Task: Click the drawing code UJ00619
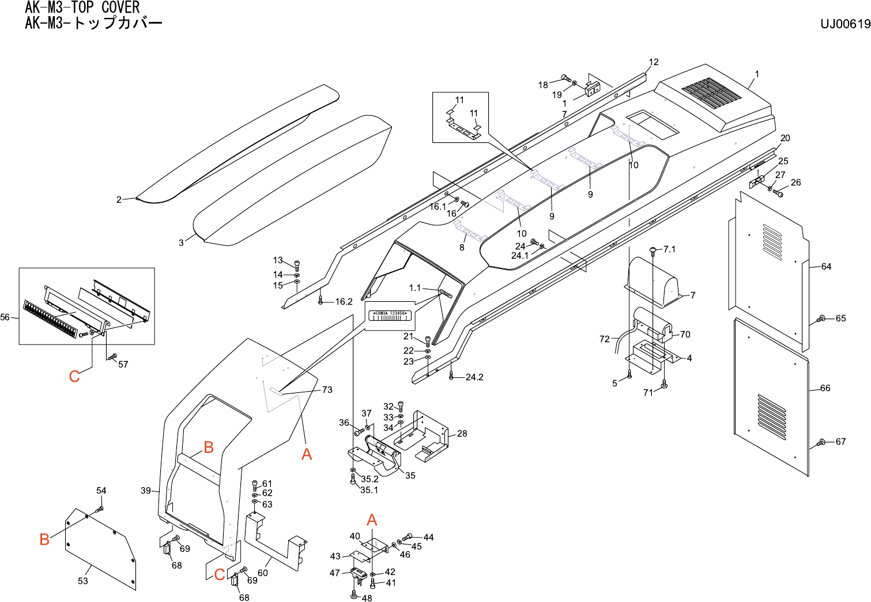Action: [x=845, y=24]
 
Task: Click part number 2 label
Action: [x=119, y=200]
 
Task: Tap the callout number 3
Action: [x=181, y=243]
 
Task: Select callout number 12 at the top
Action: [x=653, y=62]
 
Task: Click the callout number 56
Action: [x=5, y=317]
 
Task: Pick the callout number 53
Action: [x=83, y=581]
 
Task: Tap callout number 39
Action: [x=146, y=491]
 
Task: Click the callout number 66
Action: [x=825, y=388]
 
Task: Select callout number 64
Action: [x=826, y=267]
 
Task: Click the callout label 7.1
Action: [x=669, y=249]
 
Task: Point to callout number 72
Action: [x=604, y=339]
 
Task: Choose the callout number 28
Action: [x=462, y=433]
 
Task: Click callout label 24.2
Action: [x=474, y=377]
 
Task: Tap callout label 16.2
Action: [x=344, y=302]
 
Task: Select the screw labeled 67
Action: [x=821, y=442]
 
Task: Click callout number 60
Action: [x=262, y=573]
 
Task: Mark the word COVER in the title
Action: [x=120, y=7]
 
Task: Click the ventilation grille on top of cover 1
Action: [x=711, y=93]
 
